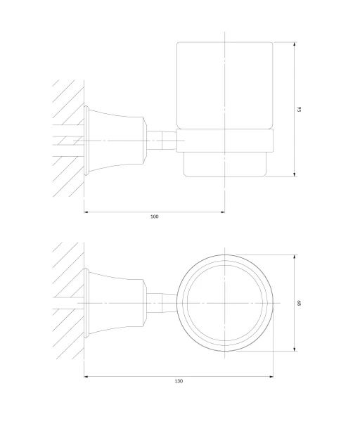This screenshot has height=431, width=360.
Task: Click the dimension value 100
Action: [155, 217]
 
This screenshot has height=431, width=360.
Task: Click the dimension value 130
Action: [179, 381]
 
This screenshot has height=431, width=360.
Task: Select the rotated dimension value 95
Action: [300, 109]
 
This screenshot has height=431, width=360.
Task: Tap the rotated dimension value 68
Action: [300, 303]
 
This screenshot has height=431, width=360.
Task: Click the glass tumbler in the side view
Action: [225, 85]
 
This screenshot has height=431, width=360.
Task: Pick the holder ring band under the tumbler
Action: [225, 141]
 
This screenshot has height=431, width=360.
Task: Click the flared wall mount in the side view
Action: [115, 141]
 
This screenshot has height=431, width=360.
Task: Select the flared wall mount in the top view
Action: [115, 303]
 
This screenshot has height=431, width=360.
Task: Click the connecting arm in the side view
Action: [162, 141]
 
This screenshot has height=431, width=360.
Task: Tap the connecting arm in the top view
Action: [162, 303]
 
